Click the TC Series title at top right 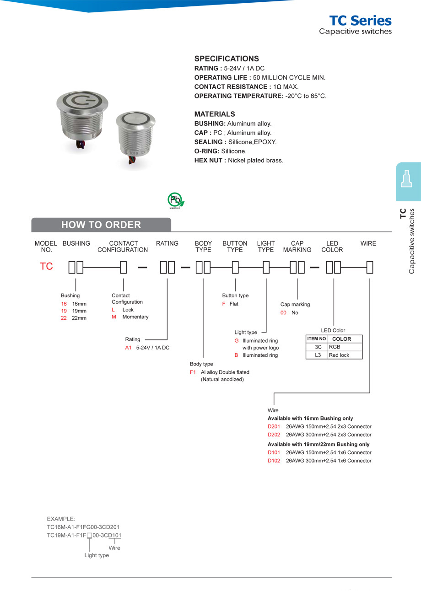[360, 21]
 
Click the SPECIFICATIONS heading [227, 59]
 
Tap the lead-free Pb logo [175, 200]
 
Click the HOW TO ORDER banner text [101, 225]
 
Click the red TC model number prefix [46, 267]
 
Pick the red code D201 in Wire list [274, 426]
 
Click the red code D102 [274, 461]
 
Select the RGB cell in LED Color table [334, 347]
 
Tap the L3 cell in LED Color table [317, 355]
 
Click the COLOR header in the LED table [341, 339]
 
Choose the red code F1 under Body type [193, 372]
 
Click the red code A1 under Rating [128, 348]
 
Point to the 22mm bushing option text [79, 318]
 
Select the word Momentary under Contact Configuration [135, 317]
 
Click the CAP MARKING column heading [297, 247]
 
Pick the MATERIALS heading [215, 114]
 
